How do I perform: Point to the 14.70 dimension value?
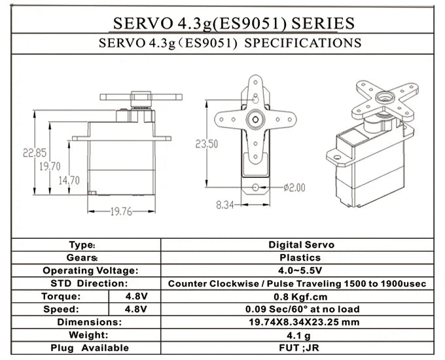69,180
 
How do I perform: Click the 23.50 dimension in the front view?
207,144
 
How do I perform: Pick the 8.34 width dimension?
224,205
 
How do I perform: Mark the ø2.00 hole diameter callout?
293,187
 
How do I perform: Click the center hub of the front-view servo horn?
254,120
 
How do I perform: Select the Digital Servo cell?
301,245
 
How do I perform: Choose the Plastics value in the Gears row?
301,258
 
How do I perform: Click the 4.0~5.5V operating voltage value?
301,270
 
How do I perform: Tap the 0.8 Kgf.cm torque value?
301,296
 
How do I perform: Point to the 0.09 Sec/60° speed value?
301,309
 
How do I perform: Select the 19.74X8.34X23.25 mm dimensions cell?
301,322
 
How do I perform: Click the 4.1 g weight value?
301,335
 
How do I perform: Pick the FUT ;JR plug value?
301,348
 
